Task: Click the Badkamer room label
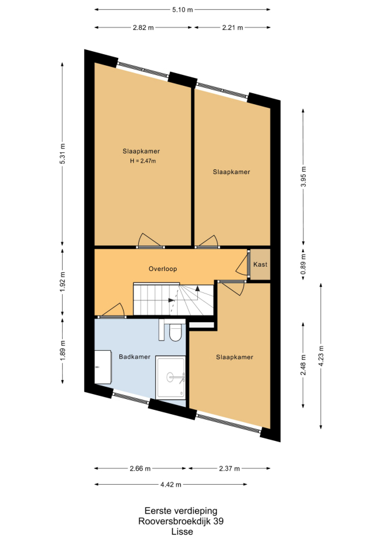tap(135, 357)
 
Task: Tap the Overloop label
tap(163, 269)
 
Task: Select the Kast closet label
tap(260, 264)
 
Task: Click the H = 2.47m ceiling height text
tap(142, 161)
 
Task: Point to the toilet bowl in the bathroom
tap(175, 333)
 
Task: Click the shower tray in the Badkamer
tap(170, 378)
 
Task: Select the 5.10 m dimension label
tap(183, 10)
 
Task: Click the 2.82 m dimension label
tap(143, 27)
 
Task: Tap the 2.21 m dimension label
tap(233, 27)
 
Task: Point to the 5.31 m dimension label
tap(62, 153)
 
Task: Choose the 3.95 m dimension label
tap(303, 177)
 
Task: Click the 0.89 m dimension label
tap(303, 264)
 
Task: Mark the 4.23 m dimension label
tap(321, 356)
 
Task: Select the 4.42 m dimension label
tap(170, 485)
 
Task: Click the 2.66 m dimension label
tap(140, 469)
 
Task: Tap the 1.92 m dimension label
tap(62, 282)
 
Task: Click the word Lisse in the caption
tap(182, 532)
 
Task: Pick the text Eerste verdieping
tap(181, 510)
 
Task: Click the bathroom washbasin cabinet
tap(103, 367)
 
